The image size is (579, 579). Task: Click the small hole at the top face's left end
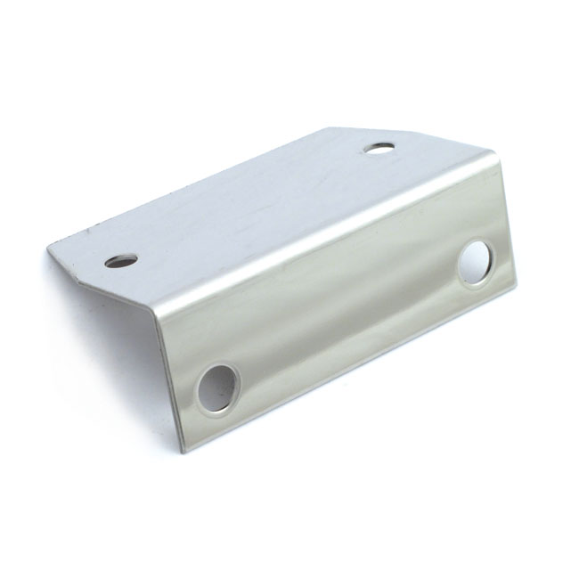[121, 260]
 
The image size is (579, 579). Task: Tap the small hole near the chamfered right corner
[381, 147]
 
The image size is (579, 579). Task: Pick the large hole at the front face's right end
[476, 262]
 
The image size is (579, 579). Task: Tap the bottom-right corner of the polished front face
[516, 287]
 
